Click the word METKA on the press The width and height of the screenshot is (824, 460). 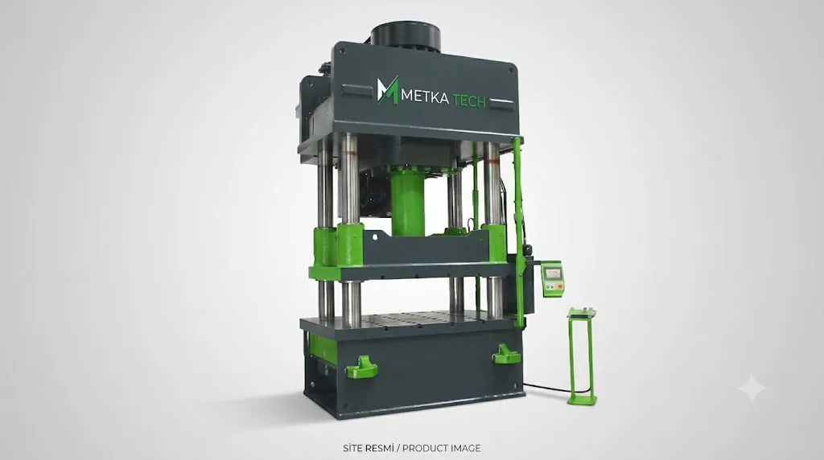click(x=425, y=97)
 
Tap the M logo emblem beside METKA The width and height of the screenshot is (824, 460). click(x=387, y=90)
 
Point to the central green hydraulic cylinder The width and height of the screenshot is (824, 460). click(x=407, y=201)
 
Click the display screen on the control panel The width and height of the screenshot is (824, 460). click(x=553, y=273)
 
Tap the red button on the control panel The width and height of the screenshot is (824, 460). click(x=560, y=287)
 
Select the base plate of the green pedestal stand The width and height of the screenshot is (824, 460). click(x=582, y=400)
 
